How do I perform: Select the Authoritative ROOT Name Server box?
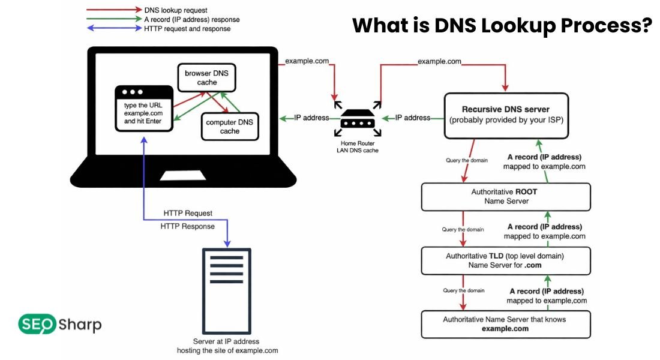point(505,197)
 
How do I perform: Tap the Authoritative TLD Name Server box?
point(505,260)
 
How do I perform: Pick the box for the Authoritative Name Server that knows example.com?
point(505,324)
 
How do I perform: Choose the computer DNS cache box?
point(229,126)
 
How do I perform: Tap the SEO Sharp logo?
point(59,325)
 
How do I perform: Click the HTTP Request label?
point(188,214)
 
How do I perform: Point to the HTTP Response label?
point(188,226)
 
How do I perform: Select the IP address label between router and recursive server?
point(412,118)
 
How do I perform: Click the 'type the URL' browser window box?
point(144,109)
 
